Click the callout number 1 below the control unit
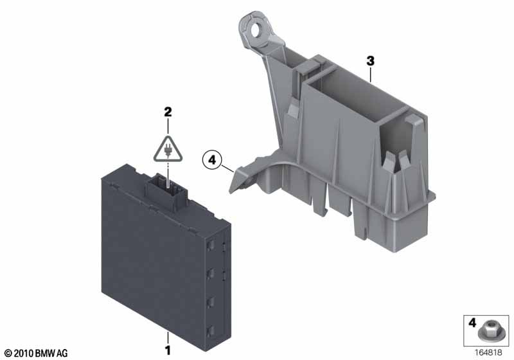click(x=168, y=350)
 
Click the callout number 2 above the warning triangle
click(x=168, y=112)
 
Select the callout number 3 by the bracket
click(x=371, y=61)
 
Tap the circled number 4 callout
click(x=212, y=160)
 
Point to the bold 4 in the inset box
click(x=472, y=323)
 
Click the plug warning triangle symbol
click(x=168, y=149)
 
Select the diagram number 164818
click(x=488, y=352)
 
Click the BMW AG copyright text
click(x=37, y=353)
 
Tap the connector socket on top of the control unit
click(x=166, y=191)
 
